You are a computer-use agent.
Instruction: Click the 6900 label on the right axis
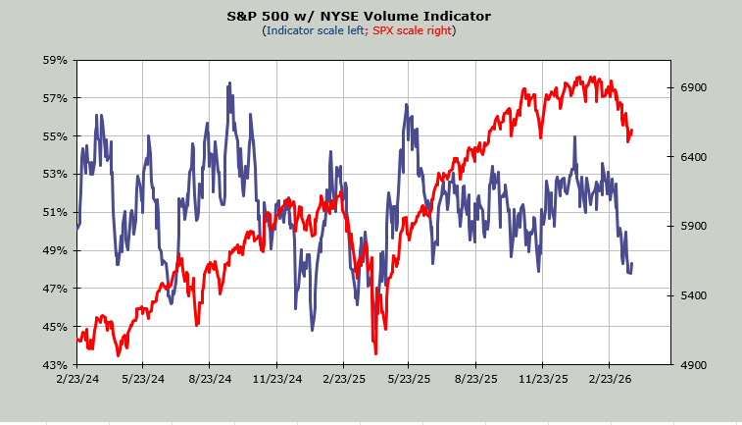[x=694, y=88]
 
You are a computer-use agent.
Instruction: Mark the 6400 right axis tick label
[x=694, y=157]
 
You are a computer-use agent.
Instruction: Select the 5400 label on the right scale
[x=694, y=295]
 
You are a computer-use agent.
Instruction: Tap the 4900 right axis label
[x=694, y=365]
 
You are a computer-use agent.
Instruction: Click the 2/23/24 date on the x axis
[x=76, y=378]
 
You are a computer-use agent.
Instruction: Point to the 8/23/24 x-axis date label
[x=210, y=378]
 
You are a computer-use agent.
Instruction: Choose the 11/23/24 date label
[x=276, y=378]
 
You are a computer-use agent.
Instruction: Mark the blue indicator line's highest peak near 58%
[x=229, y=84]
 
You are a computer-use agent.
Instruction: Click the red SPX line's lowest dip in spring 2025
[x=375, y=353]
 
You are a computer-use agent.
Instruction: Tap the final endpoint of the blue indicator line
[x=631, y=264]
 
